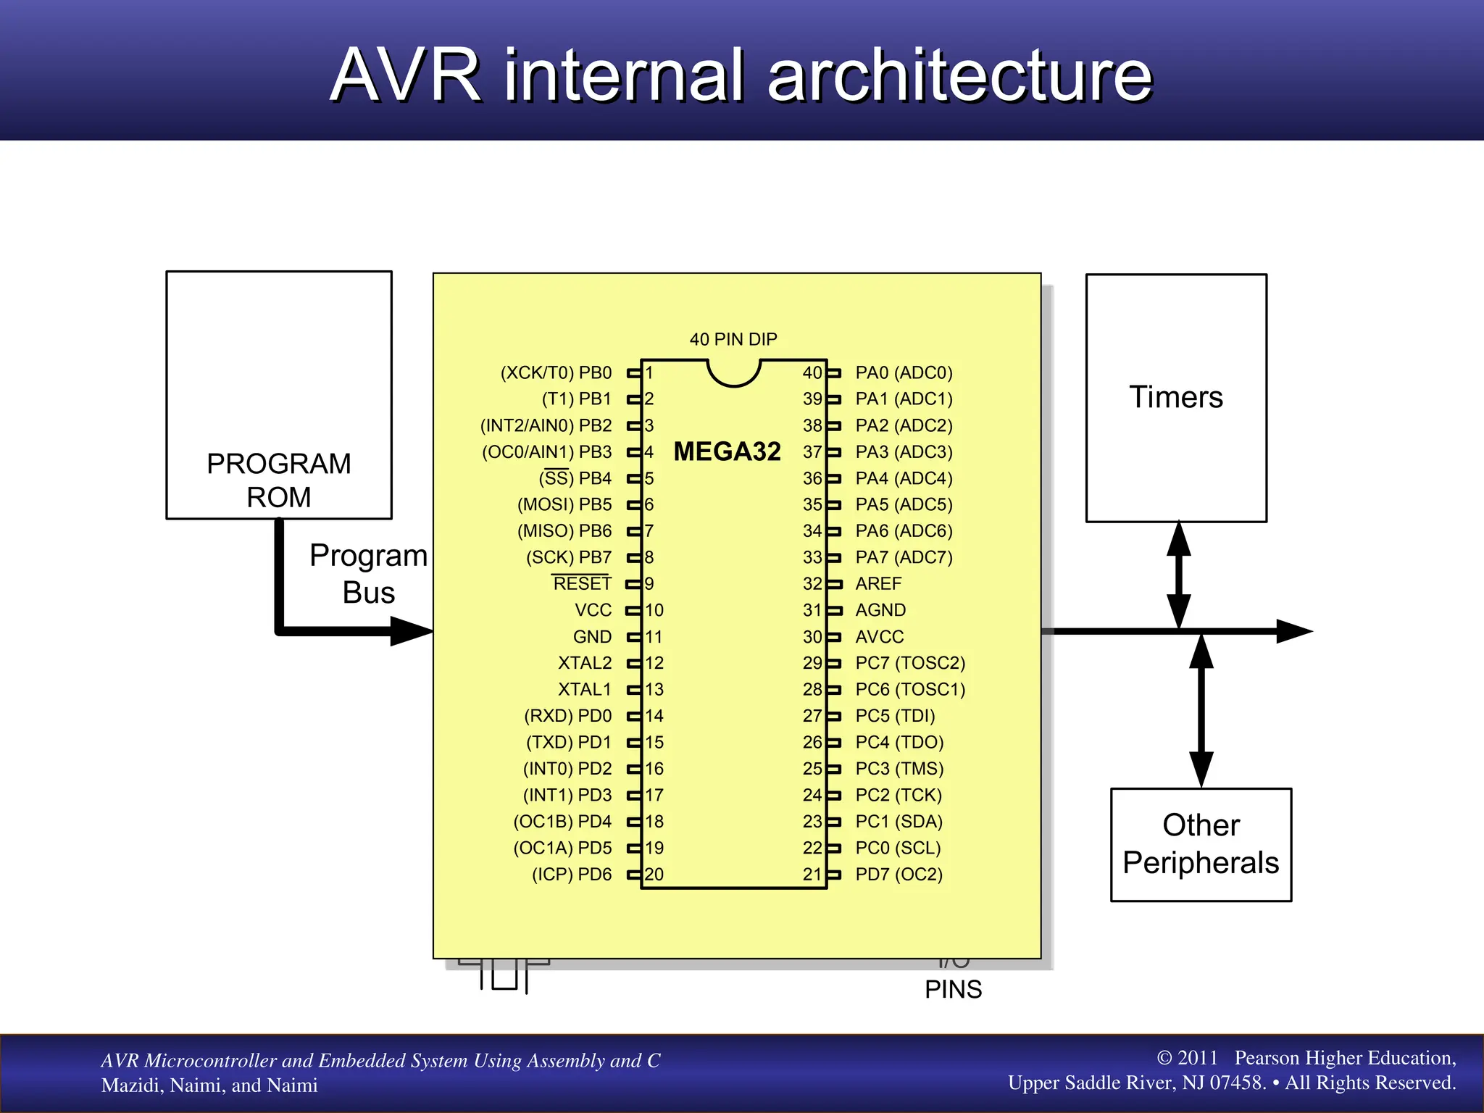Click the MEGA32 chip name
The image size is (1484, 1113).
pos(727,451)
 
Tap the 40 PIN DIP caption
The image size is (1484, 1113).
pos(733,339)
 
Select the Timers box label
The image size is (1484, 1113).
pos(1175,397)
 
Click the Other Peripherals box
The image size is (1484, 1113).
pos(1201,844)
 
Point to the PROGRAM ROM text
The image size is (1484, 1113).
pos(278,480)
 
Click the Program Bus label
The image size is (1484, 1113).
pos(368,573)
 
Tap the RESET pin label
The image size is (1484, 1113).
pos(582,583)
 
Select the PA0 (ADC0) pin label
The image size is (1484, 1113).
pos(904,372)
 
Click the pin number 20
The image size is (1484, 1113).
pos(654,874)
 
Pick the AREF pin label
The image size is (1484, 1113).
pos(878,583)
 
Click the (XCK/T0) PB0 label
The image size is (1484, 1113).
pos(556,372)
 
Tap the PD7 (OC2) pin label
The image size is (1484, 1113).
pos(899,874)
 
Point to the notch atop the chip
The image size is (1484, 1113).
pos(733,372)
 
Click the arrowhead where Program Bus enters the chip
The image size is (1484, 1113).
pos(410,631)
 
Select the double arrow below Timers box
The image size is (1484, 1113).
pos(1179,575)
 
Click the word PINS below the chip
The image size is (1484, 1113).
pos(953,989)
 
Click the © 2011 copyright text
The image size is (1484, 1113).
pos(1187,1057)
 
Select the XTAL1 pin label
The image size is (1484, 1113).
pos(584,689)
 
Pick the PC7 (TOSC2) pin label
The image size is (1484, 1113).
pos(910,663)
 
